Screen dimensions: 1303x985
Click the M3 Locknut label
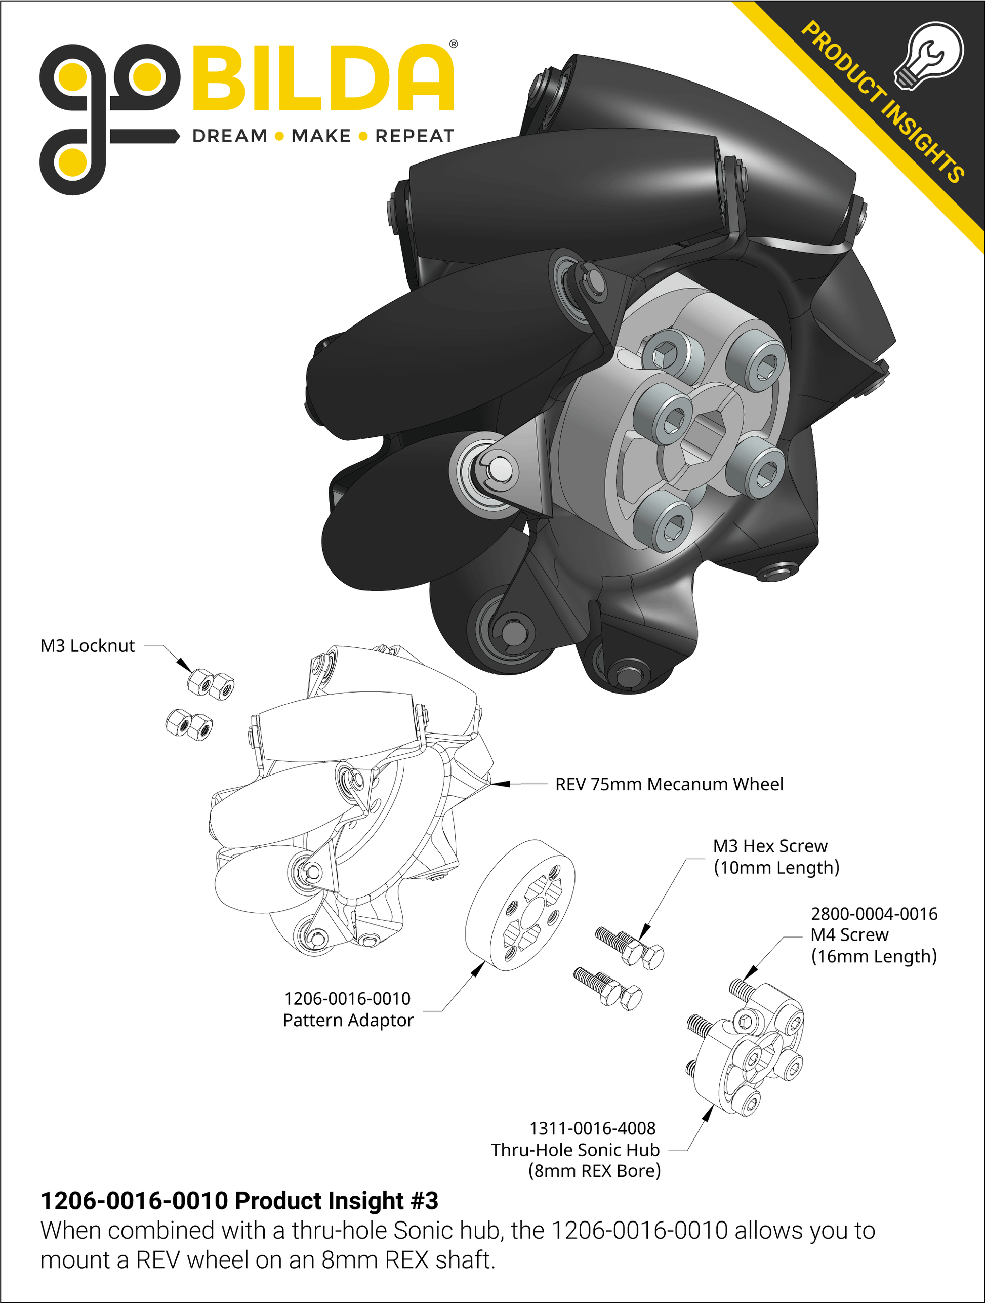[87, 646]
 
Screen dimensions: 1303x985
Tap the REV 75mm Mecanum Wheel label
[669, 785]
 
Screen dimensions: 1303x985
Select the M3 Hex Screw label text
[770, 846]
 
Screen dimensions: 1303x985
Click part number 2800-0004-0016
[874, 914]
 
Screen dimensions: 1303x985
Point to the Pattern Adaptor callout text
[348, 1020]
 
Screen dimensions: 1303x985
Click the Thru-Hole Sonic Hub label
[575, 1150]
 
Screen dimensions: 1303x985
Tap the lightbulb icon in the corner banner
[929, 56]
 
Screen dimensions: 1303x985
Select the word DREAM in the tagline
[230, 136]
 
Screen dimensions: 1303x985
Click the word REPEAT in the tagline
[414, 136]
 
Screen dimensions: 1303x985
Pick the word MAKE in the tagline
[321, 136]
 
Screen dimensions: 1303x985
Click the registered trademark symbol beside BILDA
[453, 44]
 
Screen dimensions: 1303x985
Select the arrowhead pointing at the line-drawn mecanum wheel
[501, 784]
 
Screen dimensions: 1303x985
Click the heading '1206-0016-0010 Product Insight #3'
[239, 1201]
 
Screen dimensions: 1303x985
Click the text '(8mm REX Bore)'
[594, 1171]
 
